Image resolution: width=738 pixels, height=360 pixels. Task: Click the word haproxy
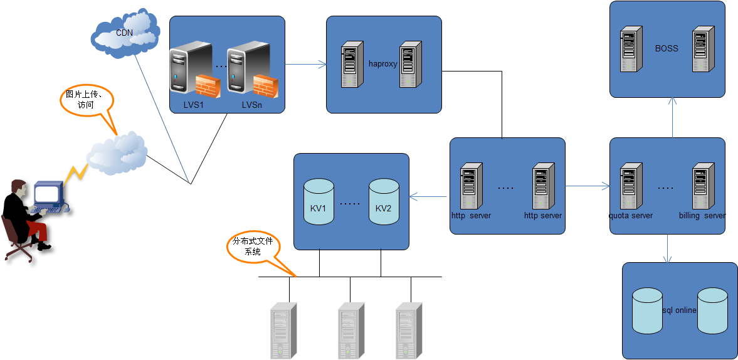(x=383, y=64)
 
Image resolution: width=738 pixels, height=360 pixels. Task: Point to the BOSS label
(x=667, y=48)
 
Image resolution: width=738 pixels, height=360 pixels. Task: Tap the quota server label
(x=630, y=216)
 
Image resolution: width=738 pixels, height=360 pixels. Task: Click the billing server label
(x=702, y=216)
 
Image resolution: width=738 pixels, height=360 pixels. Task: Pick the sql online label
(x=680, y=310)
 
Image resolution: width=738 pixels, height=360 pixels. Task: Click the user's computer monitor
(x=48, y=193)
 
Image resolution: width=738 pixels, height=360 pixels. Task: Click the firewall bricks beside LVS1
(x=206, y=86)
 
